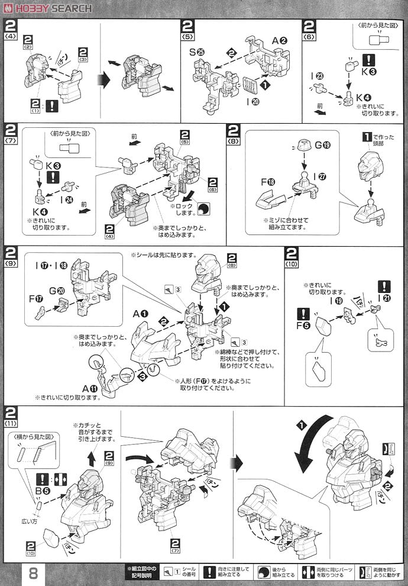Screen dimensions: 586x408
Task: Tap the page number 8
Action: click(33, 572)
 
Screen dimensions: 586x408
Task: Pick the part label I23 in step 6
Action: click(317, 76)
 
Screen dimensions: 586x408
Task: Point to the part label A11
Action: click(90, 388)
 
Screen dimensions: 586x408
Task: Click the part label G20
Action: click(56, 291)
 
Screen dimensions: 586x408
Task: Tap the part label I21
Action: click(384, 288)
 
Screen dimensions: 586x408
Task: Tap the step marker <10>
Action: click(292, 264)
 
